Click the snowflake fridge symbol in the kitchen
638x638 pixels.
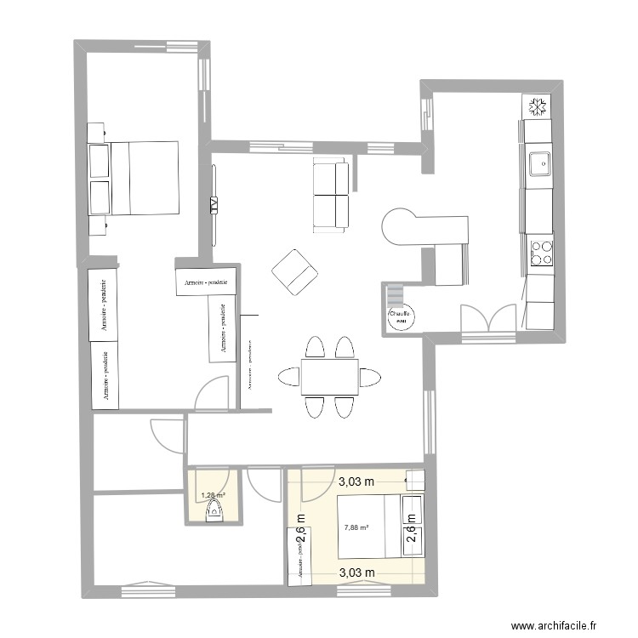[x=537, y=107]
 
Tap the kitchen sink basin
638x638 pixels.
[x=538, y=162]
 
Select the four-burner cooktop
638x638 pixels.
[x=540, y=253]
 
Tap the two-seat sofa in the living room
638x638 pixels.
[x=331, y=195]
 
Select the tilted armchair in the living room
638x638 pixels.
[x=294, y=273]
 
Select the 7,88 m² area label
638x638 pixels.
[x=356, y=527]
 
